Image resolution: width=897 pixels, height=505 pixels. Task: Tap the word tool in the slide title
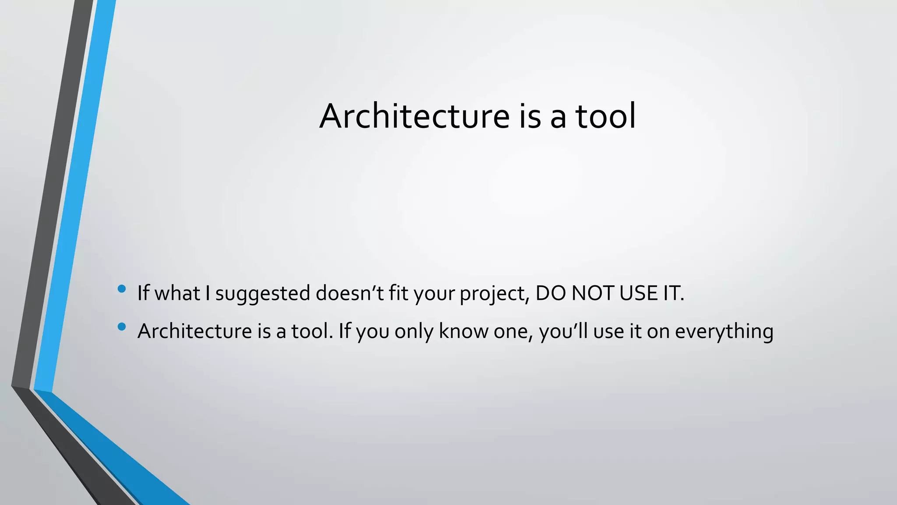coord(605,116)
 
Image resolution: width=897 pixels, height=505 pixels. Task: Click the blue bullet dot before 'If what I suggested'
coord(122,288)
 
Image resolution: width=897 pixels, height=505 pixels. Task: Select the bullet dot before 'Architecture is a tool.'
coord(122,326)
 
